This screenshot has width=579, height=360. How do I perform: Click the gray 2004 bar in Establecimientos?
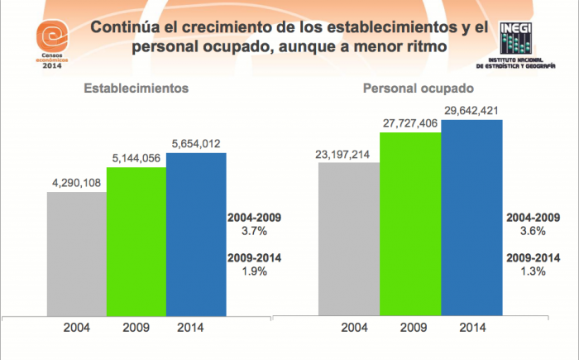(x=77, y=252)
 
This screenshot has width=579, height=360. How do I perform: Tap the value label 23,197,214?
(x=348, y=154)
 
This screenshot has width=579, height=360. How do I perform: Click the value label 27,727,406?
(x=410, y=123)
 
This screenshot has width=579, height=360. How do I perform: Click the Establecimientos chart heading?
(x=136, y=87)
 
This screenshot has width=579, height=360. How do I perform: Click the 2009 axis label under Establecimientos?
(x=136, y=327)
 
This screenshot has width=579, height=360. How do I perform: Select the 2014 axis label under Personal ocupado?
(x=471, y=327)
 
